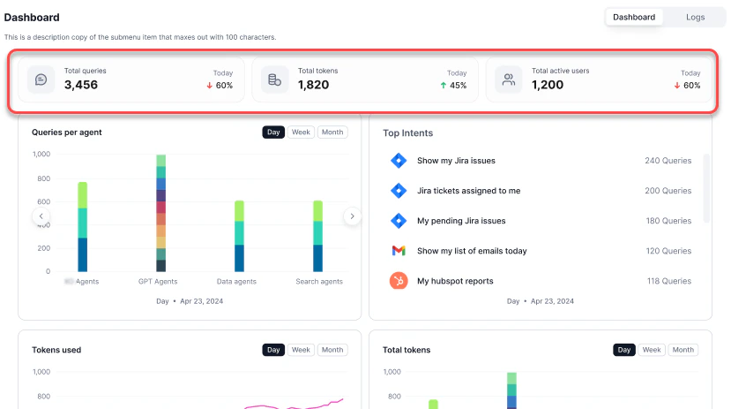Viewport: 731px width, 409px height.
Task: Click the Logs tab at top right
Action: (695, 17)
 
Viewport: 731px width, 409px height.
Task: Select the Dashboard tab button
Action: (634, 17)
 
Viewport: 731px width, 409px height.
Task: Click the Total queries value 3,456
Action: (81, 85)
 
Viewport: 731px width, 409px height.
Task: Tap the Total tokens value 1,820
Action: (313, 85)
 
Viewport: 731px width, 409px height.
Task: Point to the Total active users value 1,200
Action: (548, 85)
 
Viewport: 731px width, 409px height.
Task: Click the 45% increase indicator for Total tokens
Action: (453, 86)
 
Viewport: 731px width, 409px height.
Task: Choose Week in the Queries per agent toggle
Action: (301, 133)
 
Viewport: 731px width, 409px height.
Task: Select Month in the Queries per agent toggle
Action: (332, 133)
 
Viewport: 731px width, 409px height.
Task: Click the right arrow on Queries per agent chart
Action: (352, 216)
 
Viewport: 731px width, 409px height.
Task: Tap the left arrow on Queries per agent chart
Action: (41, 216)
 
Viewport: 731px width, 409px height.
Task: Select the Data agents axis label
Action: (236, 282)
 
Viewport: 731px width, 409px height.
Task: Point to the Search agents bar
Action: (317, 236)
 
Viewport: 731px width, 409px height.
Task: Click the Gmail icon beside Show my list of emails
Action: (399, 251)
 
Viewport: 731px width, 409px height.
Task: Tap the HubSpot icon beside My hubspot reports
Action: (399, 281)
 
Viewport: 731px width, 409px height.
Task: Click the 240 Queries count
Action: (668, 161)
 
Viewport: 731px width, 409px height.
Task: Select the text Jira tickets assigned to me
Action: (468, 191)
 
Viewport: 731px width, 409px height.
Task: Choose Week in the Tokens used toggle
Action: (301, 350)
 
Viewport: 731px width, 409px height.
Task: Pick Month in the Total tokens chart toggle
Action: (683, 350)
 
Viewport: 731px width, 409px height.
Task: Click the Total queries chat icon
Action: (41, 80)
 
